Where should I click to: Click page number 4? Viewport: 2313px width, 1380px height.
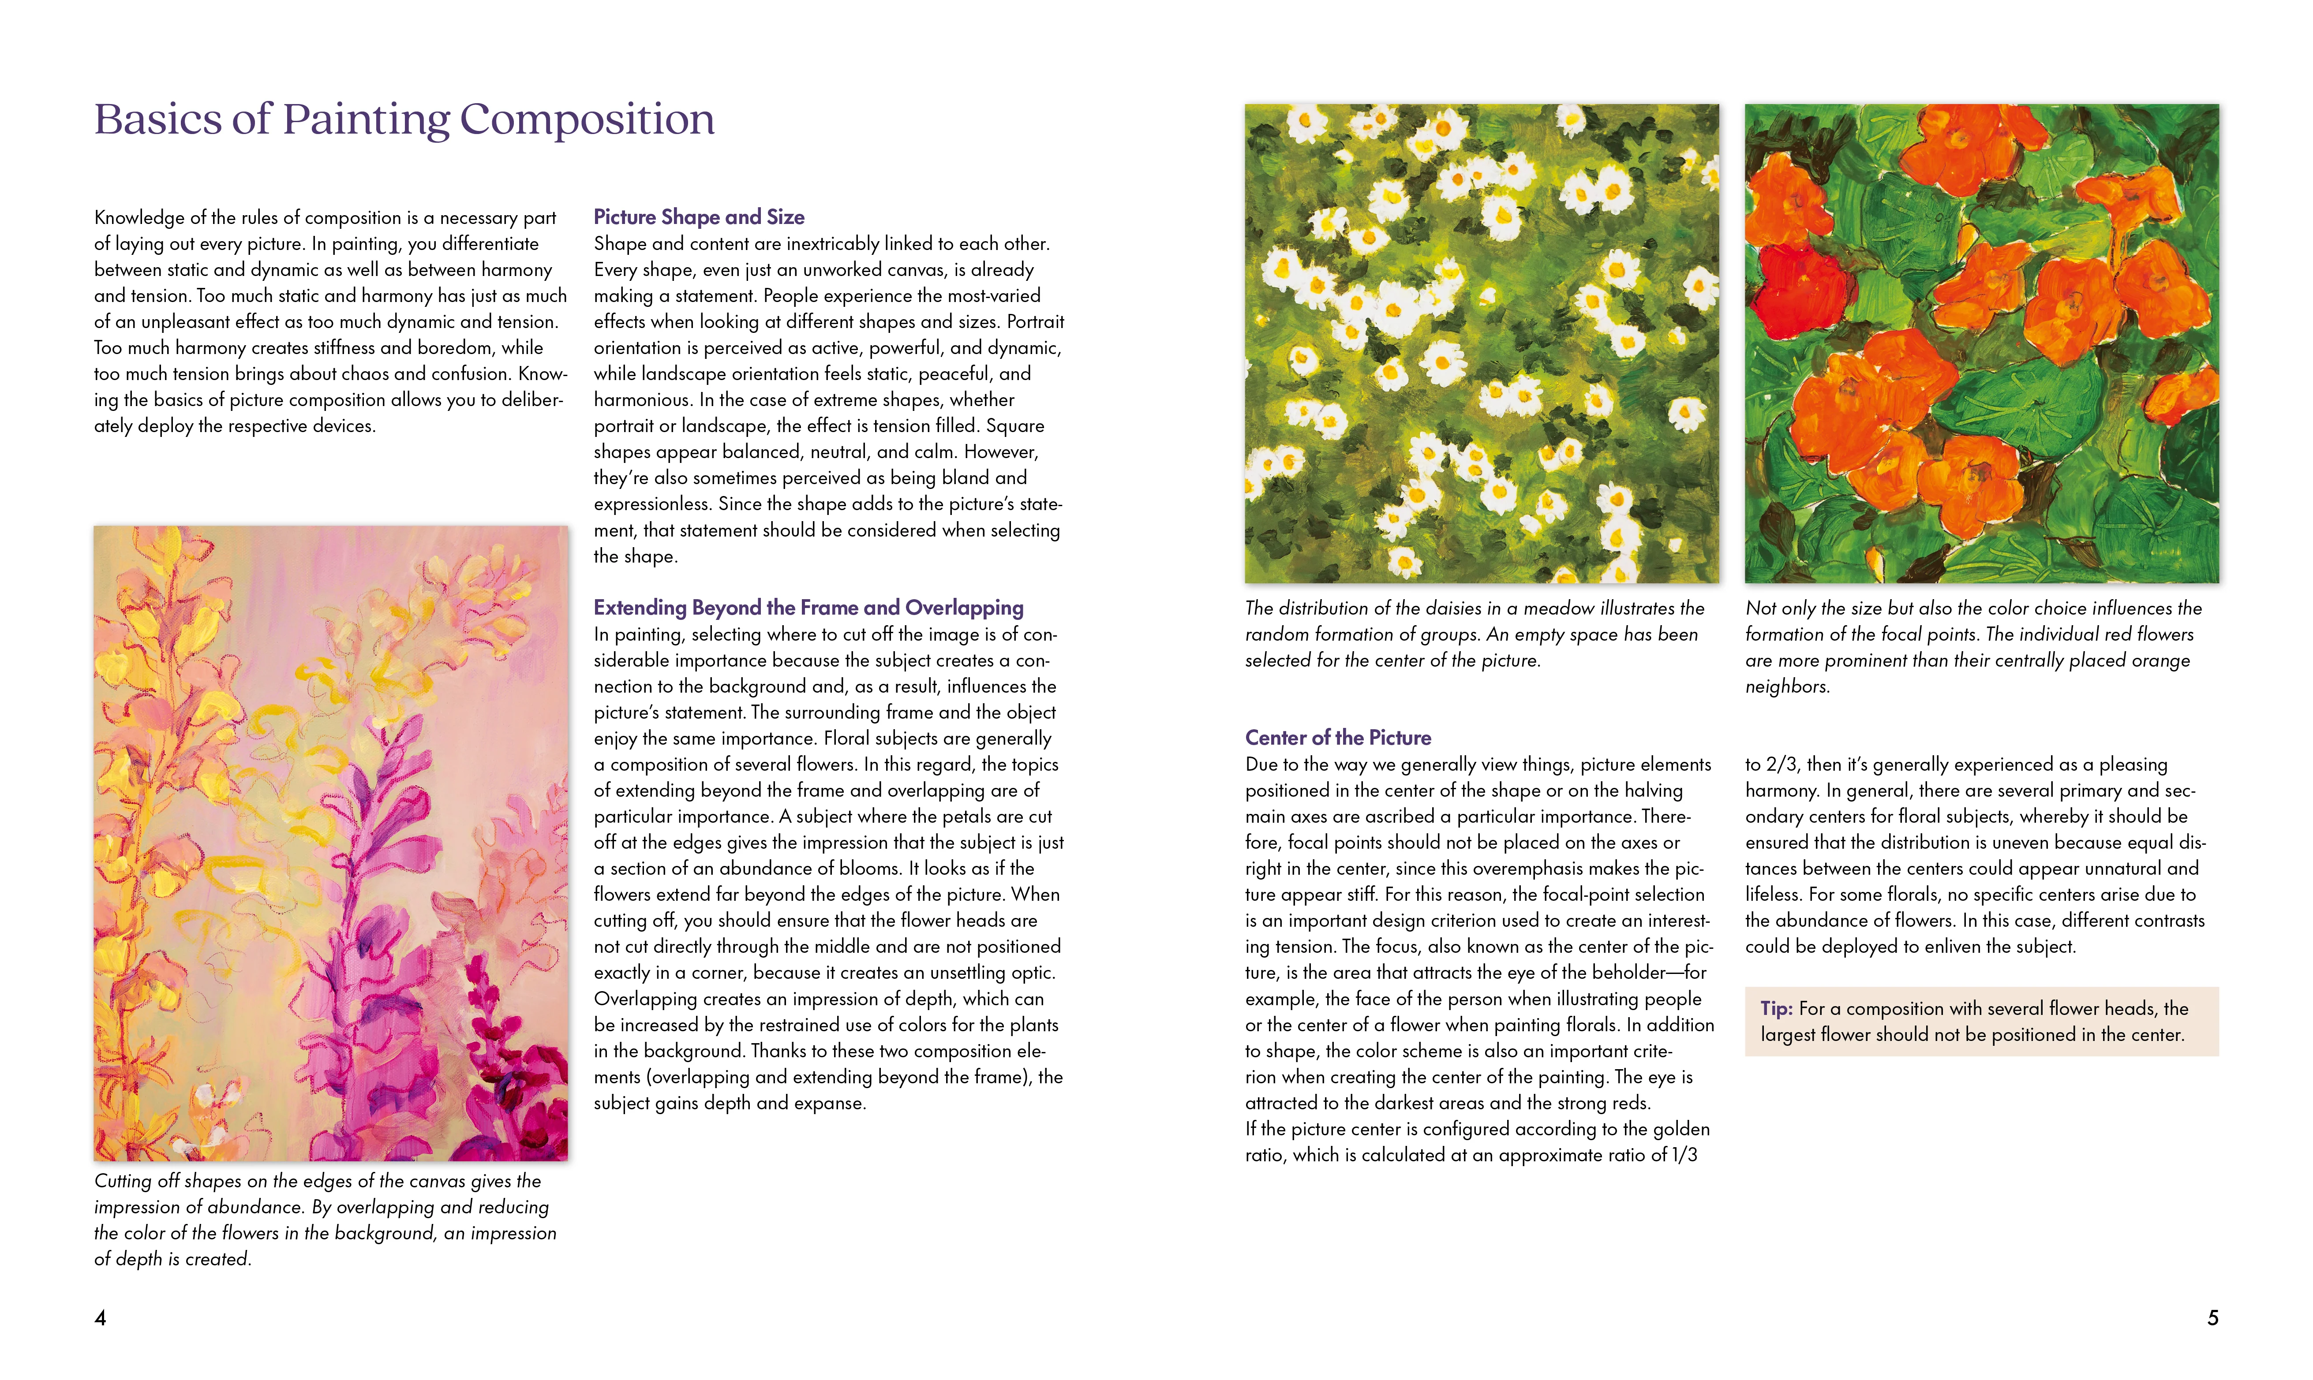pos(101,1318)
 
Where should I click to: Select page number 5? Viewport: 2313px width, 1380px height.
pos(2212,1318)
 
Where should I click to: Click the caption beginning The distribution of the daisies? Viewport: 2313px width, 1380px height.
pos(1474,634)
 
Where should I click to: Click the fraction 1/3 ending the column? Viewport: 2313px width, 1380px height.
pos(1684,1155)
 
